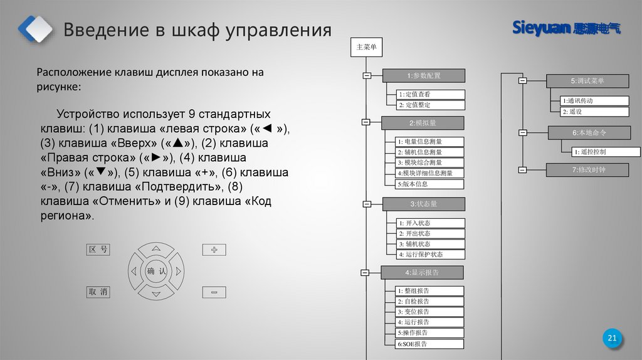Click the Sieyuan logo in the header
[566, 28]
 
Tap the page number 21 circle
[613, 339]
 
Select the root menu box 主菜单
[366, 48]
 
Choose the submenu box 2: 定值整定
[431, 105]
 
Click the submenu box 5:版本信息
[430, 184]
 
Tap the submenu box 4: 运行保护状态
[430, 254]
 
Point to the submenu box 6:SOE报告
[430, 344]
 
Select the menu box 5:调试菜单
[587, 81]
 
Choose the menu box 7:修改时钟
[587, 170]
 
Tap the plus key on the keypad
[214, 250]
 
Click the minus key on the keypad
[214, 292]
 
